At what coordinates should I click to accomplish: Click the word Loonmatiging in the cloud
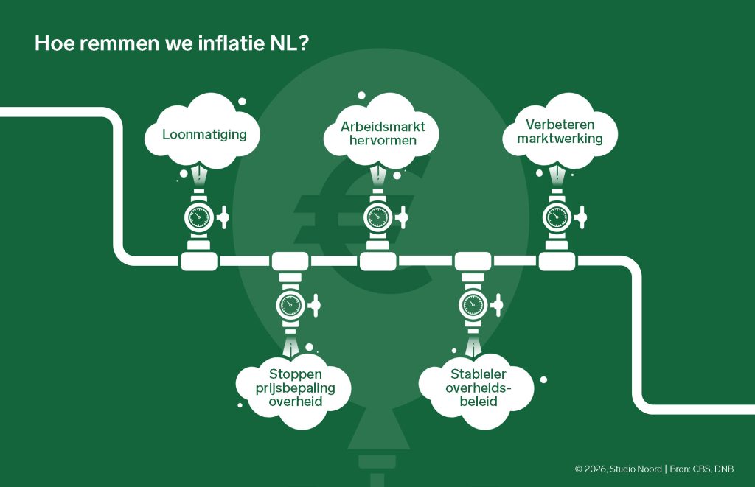[x=204, y=136]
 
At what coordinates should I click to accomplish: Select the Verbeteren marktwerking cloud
[x=560, y=131]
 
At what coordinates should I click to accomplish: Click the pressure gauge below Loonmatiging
[x=198, y=217]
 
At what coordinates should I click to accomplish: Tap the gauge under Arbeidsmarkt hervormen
[x=377, y=217]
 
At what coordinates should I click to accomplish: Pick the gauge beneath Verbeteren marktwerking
[x=556, y=217]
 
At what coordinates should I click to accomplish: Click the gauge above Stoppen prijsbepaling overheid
[x=289, y=304]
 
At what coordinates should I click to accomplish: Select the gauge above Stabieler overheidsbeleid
[x=471, y=304]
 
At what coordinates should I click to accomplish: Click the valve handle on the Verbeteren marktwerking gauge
[x=581, y=217]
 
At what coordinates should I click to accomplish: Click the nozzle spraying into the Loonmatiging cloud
[x=199, y=176]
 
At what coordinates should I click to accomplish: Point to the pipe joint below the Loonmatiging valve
[x=198, y=260]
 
